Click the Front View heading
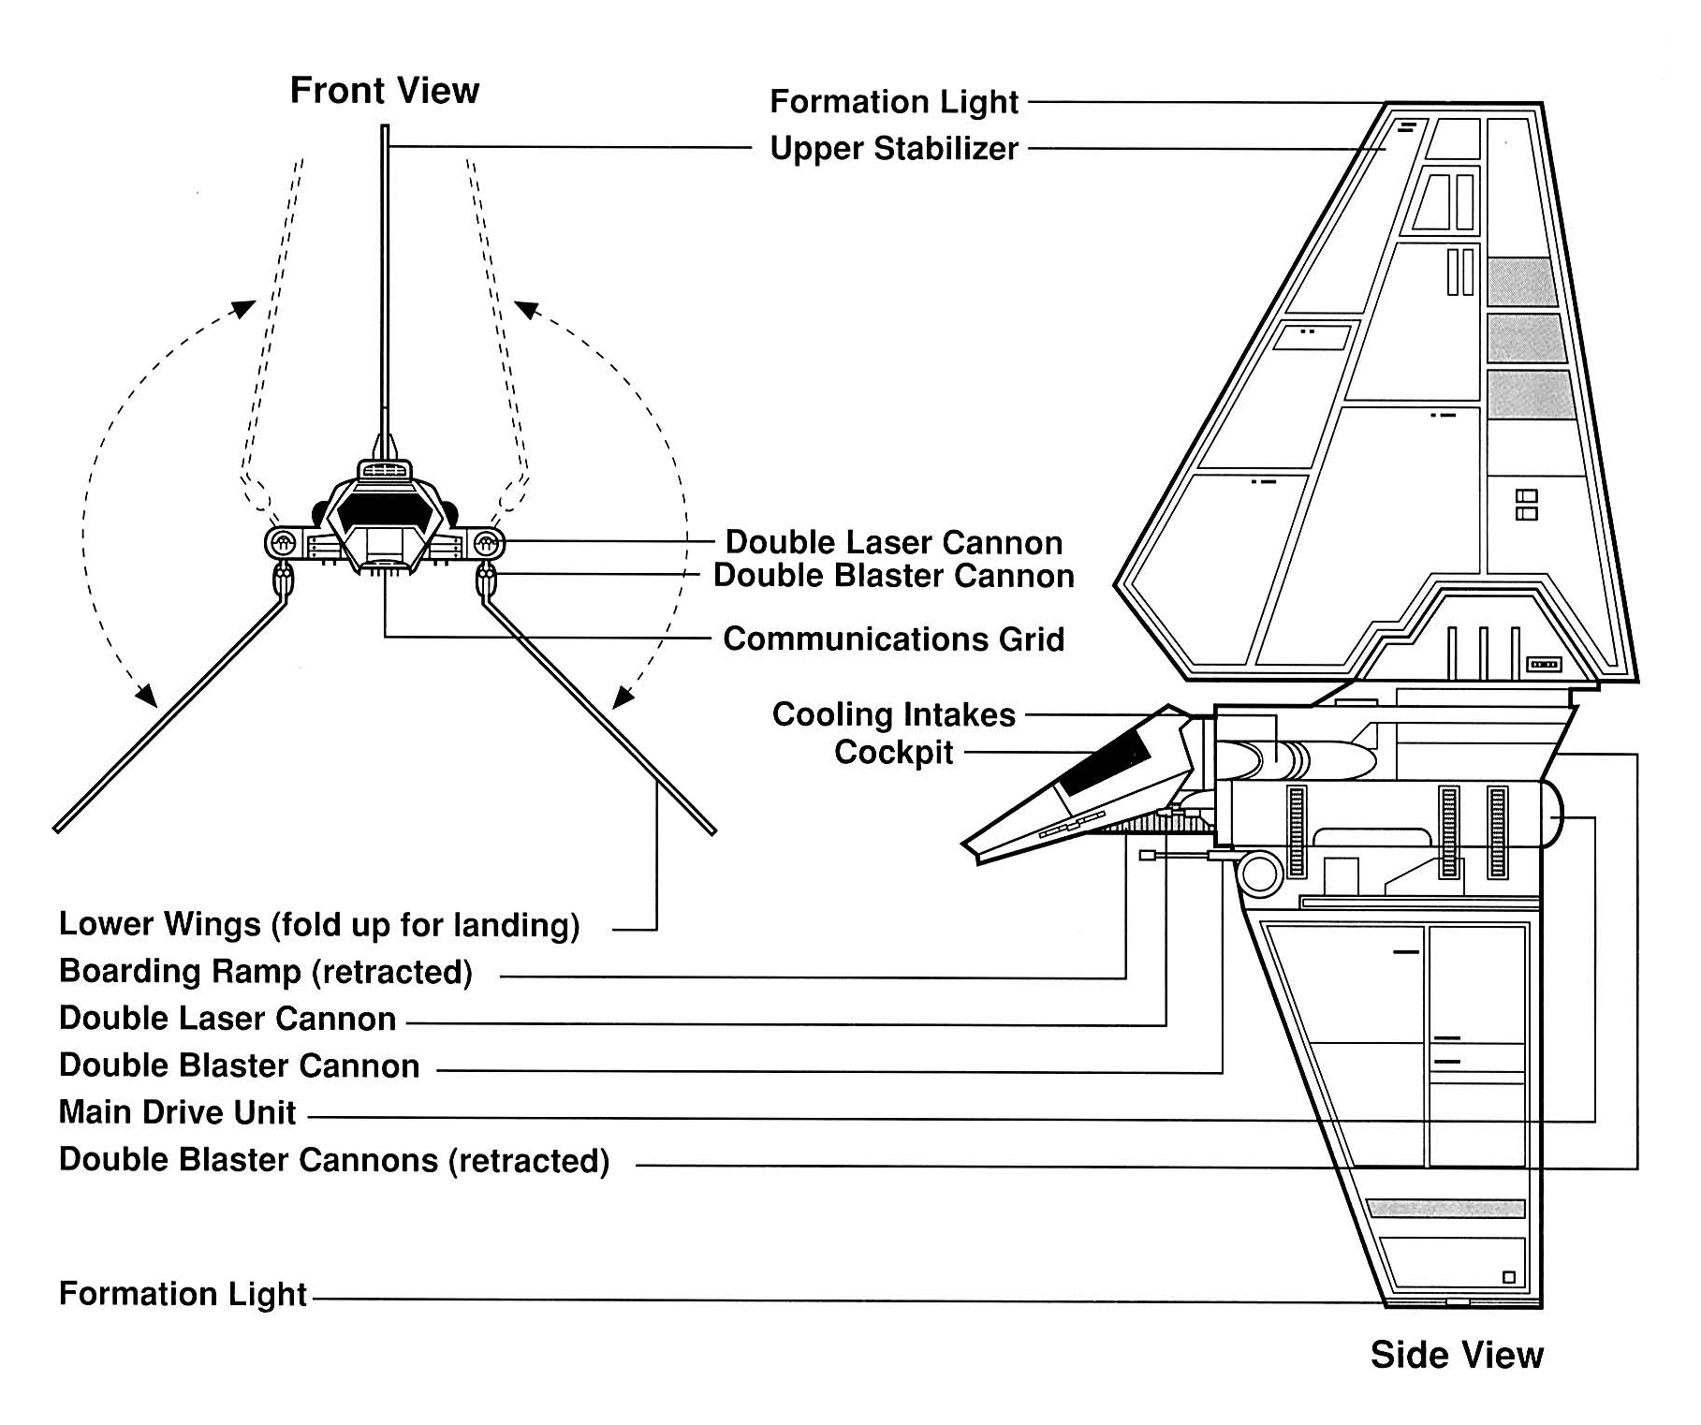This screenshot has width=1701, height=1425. (x=384, y=91)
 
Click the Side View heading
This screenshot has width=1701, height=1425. (x=1456, y=1355)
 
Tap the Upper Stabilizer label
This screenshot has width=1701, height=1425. (x=893, y=149)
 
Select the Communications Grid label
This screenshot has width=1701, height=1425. (x=893, y=639)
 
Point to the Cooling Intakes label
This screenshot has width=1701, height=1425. (x=893, y=715)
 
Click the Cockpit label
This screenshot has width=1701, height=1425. (x=893, y=753)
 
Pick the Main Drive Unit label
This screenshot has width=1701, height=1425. (x=177, y=1112)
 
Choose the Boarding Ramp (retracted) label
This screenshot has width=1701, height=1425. (x=265, y=972)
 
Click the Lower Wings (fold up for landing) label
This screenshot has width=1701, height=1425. (x=318, y=925)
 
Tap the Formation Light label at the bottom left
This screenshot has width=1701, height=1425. (x=183, y=1294)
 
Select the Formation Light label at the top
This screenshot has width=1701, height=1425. (x=893, y=102)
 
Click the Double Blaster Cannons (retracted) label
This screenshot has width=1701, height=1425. (x=333, y=1160)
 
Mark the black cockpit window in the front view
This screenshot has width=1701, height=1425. (x=385, y=511)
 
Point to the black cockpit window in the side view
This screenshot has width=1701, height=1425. (x=1106, y=763)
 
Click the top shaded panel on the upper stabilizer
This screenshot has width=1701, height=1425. (x=1522, y=281)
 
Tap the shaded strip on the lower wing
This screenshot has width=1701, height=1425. (x=1445, y=1208)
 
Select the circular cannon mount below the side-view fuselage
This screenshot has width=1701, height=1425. (x=1259, y=873)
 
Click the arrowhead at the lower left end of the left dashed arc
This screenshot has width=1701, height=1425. (x=145, y=695)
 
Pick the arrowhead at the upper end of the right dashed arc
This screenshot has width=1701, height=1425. (x=526, y=309)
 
